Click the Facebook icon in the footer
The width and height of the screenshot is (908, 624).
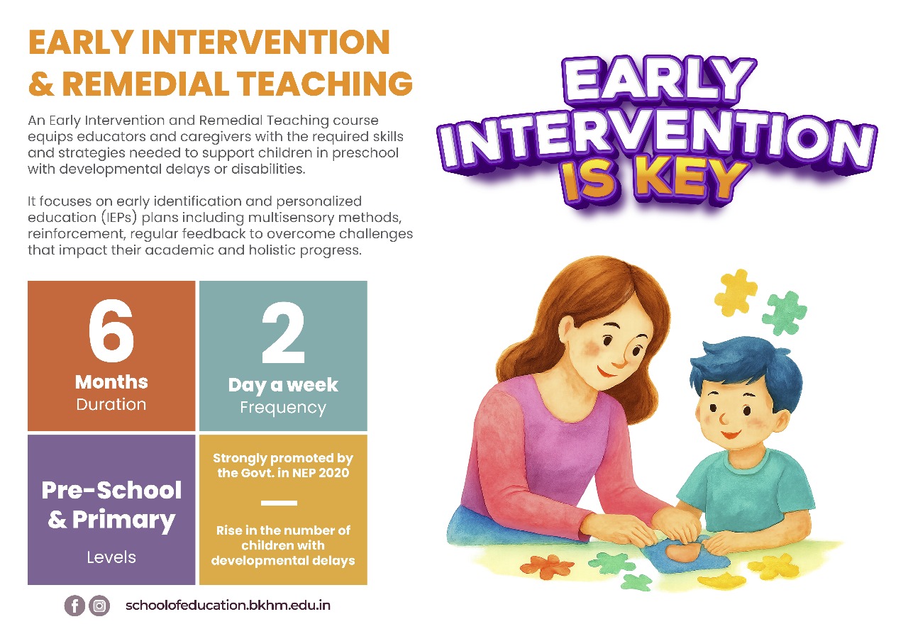click(74, 606)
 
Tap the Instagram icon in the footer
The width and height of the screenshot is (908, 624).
click(100, 606)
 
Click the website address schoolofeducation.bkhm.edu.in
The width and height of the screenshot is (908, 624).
click(228, 606)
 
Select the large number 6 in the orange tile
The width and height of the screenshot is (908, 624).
click(111, 334)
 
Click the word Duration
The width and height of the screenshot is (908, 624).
click(111, 405)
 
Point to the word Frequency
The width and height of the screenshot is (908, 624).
click(283, 408)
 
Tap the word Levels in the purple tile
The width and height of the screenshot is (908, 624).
click(111, 557)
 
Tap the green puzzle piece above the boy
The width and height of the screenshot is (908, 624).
click(784, 313)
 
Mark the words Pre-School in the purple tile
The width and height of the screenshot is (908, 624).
click(111, 490)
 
